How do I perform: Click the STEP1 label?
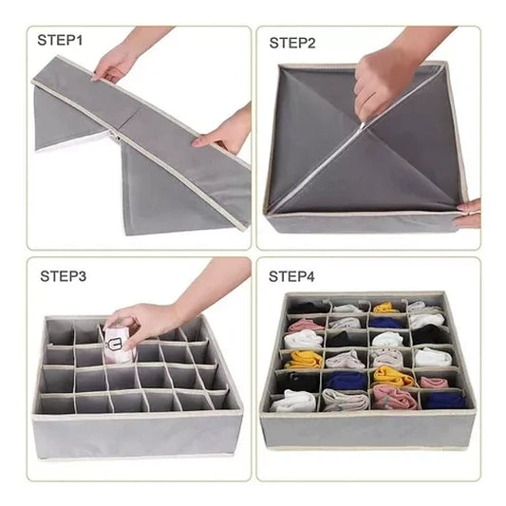coord(60,40)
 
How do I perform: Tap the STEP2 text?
coord(292,44)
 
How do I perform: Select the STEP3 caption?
coord(64,276)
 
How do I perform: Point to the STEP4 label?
coord(291,276)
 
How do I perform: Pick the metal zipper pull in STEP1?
coord(116,139)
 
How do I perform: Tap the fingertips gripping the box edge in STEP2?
coord(468,213)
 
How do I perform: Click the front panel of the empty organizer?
coord(138,434)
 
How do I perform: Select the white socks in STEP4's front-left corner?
coord(293,402)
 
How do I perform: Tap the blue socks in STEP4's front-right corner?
coord(444,401)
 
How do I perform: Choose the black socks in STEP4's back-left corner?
coord(309,308)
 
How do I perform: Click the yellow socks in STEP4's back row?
coord(385,308)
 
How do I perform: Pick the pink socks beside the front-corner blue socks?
coord(395,397)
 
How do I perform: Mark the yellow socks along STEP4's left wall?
coord(305,360)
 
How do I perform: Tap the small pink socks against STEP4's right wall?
coord(434,383)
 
